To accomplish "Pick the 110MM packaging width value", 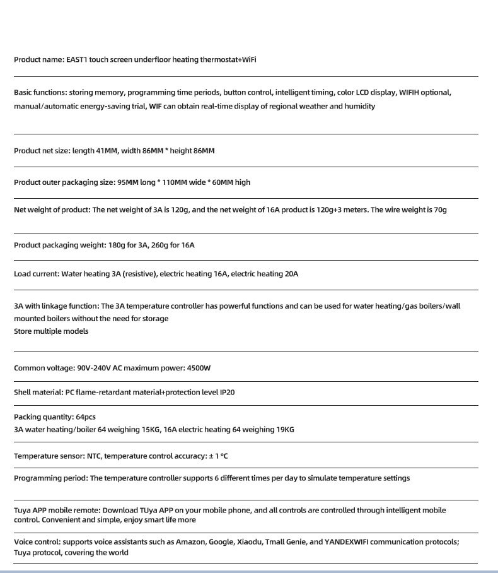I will click(x=174, y=182).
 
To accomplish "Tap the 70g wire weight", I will click(x=439, y=210).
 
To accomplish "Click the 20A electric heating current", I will click(x=291, y=274).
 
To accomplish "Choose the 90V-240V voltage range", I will click(x=94, y=368).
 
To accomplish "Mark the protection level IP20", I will click(x=227, y=393).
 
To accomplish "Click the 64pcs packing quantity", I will click(x=86, y=417).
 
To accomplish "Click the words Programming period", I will click(x=50, y=478).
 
